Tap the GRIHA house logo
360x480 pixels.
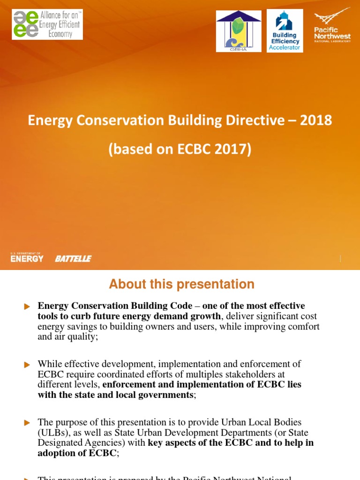click(x=239, y=31)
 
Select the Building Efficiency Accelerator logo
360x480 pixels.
click(x=285, y=31)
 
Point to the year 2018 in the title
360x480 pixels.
click(x=317, y=120)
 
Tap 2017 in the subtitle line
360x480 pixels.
click(x=234, y=149)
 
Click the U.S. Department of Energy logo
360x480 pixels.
click(x=27, y=257)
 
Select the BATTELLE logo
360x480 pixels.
click(x=73, y=259)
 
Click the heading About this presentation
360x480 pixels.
click(x=181, y=284)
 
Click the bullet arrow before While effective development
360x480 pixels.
click(x=27, y=364)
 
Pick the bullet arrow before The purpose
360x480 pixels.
click(x=27, y=423)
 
